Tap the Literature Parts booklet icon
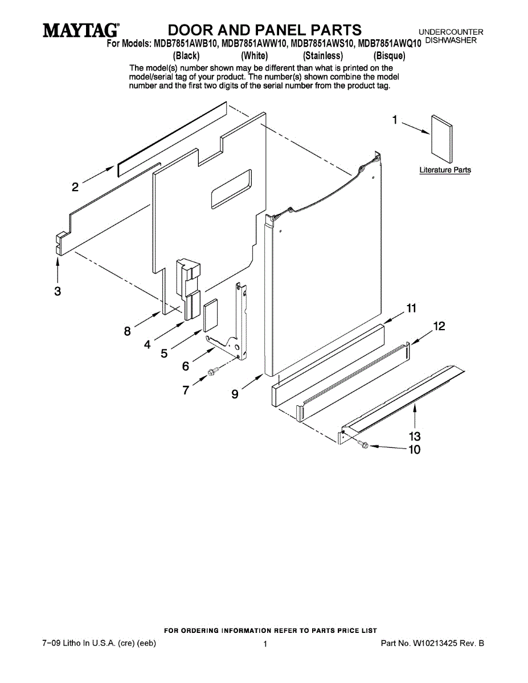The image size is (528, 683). pos(442,139)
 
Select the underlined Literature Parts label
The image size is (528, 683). pos(445,170)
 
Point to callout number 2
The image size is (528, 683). pos(75,187)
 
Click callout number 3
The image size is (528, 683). pos(58,291)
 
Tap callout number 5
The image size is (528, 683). pos(164,353)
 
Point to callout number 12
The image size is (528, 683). pos(439,327)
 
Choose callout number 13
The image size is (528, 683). pos(415,436)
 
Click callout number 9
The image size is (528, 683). pos(235,393)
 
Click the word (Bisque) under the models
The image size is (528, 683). pos(389,56)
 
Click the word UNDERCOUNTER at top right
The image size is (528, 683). pos(451,32)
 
